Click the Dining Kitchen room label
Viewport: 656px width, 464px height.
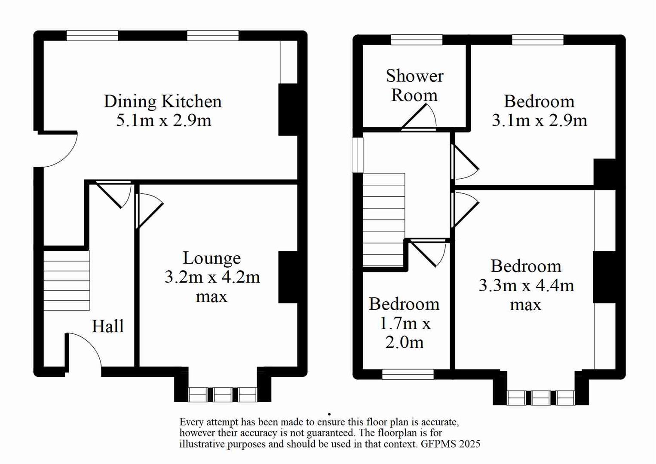[x=162, y=101]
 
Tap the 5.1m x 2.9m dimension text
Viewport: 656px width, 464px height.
[x=163, y=120]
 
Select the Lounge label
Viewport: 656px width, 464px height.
[x=212, y=258]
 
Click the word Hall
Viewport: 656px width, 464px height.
[x=107, y=327]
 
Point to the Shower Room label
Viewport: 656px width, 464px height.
[x=414, y=85]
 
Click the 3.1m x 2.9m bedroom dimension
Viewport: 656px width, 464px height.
[x=539, y=120]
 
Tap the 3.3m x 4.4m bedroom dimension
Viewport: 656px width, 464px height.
[x=526, y=285]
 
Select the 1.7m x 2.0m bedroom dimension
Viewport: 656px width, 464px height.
[x=404, y=333]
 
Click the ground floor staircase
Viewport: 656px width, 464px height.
[x=67, y=280]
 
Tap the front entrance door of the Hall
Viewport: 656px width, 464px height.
[x=84, y=350]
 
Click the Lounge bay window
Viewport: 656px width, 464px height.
[x=223, y=394]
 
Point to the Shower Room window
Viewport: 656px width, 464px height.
[x=417, y=40]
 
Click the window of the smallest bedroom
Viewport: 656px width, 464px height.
[x=408, y=374]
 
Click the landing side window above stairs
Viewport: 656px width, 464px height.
[x=358, y=155]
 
